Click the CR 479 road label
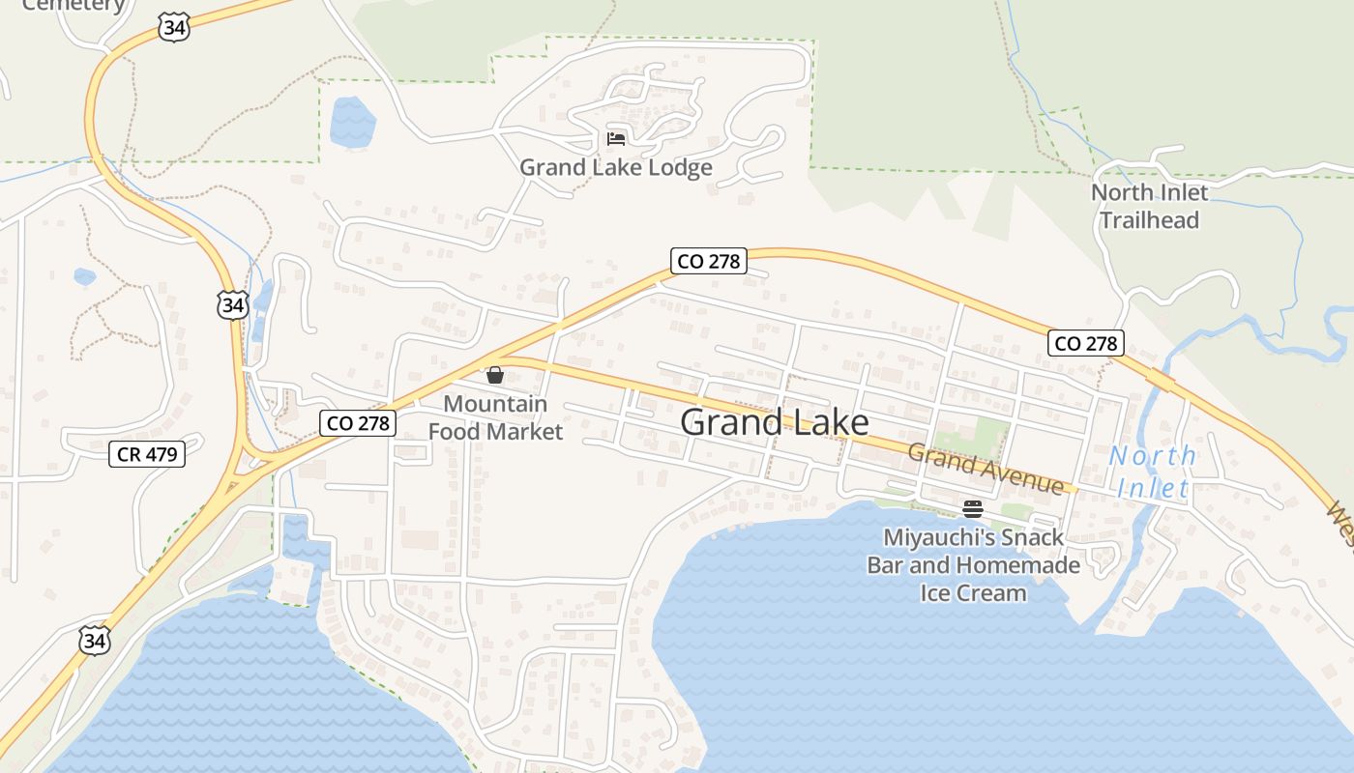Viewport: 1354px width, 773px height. pyautogui.click(x=147, y=453)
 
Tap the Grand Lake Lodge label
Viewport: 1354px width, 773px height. pyautogui.click(x=616, y=167)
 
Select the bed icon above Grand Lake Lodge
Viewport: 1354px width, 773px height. pyautogui.click(x=616, y=138)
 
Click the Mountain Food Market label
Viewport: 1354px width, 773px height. pyautogui.click(x=495, y=417)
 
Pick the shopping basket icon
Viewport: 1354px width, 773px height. pyautogui.click(x=495, y=375)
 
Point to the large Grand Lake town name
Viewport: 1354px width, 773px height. pyautogui.click(x=775, y=422)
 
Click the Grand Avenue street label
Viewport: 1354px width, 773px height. pyautogui.click(x=986, y=469)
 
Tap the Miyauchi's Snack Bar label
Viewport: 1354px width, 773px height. pyautogui.click(x=973, y=564)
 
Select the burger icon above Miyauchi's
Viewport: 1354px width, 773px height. pyautogui.click(x=973, y=509)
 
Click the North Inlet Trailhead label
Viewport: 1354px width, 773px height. pyautogui.click(x=1150, y=206)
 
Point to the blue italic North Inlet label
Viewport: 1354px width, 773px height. pyautogui.click(x=1153, y=472)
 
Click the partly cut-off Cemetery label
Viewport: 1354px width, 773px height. pyautogui.click(x=74, y=5)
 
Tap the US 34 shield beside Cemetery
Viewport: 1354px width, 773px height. pyautogui.click(x=174, y=27)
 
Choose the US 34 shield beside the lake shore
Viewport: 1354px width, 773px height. pyautogui.click(x=95, y=641)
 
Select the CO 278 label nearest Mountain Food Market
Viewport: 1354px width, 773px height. pyautogui.click(x=358, y=422)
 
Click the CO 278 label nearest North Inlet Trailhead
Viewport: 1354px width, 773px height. pyautogui.click(x=1086, y=343)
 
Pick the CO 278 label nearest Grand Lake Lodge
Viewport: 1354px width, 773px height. pyautogui.click(x=709, y=261)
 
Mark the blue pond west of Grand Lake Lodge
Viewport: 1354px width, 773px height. pyautogui.click(x=352, y=123)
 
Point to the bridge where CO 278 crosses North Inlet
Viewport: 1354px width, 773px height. pyautogui.click(x=1161, y=381)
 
